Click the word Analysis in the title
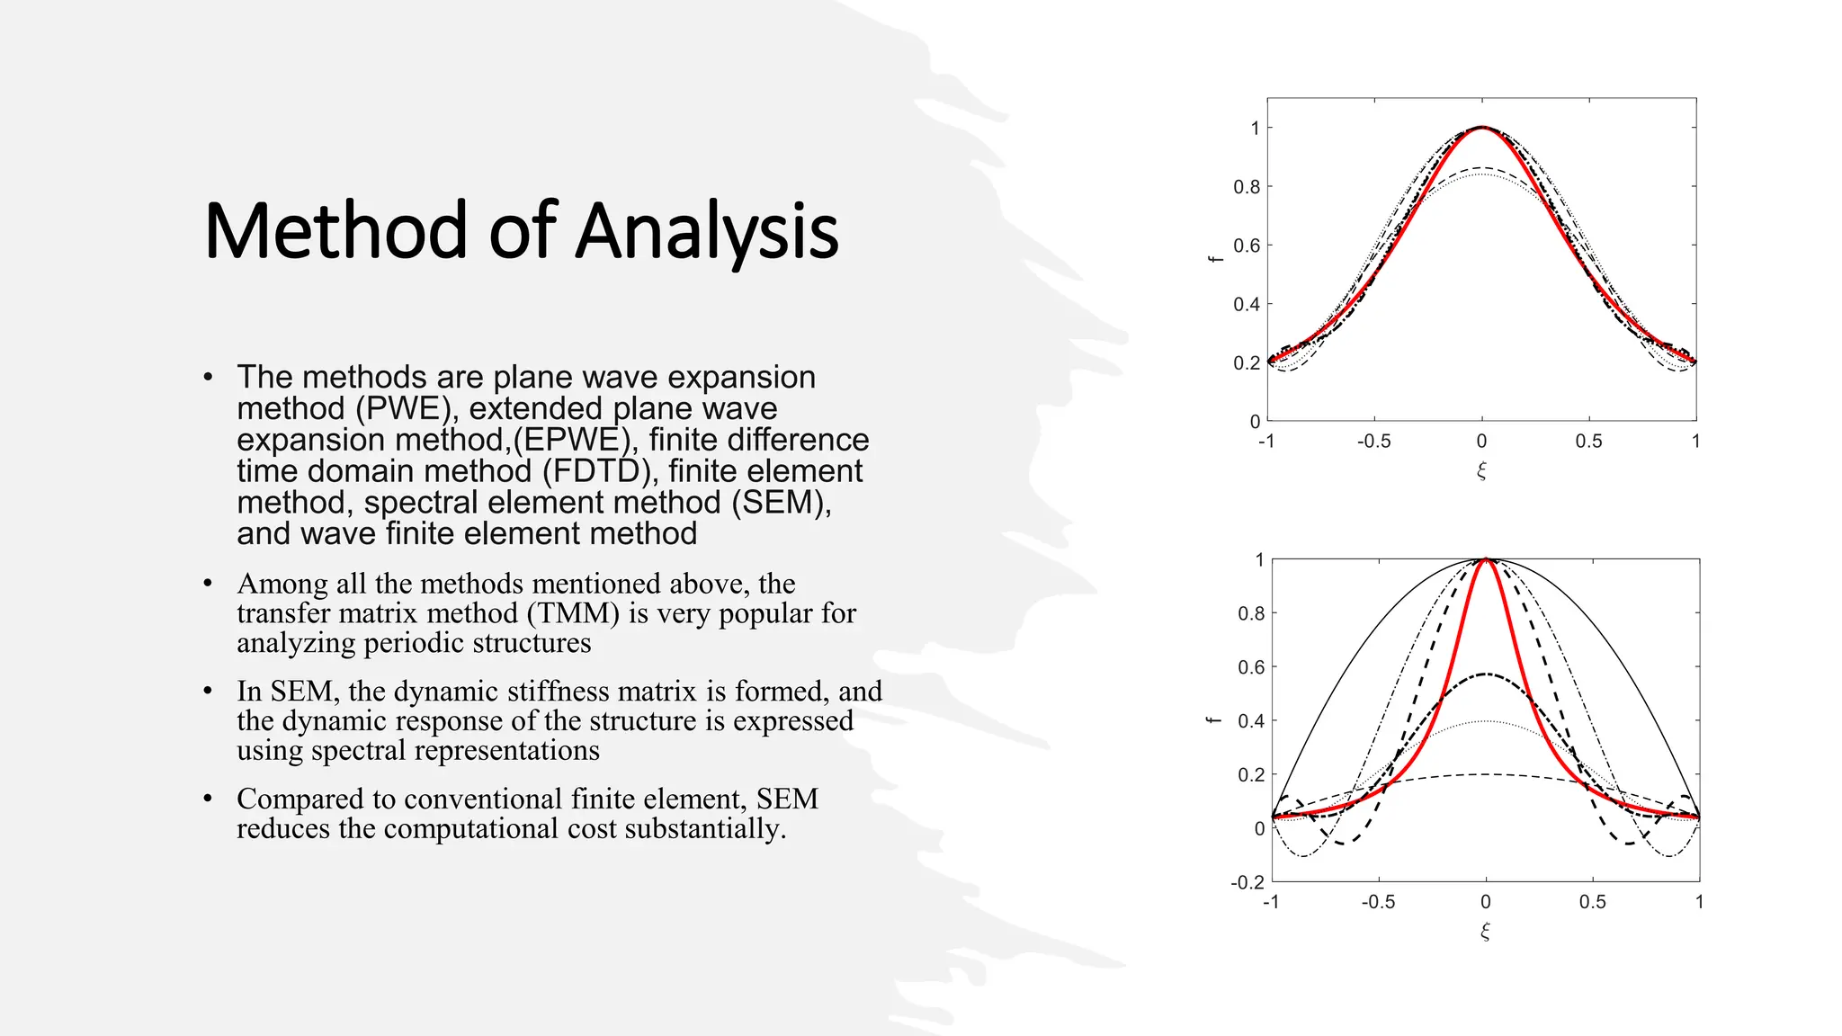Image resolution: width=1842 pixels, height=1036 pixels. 707,232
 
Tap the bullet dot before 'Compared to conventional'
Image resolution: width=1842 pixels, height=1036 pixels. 208,799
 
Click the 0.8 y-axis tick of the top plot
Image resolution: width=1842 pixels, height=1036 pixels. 1246,187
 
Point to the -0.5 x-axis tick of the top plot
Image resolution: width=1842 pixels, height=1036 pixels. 1373,442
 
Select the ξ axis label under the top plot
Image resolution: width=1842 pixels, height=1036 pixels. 1481,470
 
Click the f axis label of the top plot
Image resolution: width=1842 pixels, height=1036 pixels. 1215,259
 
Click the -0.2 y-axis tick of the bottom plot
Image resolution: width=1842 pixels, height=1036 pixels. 1247,882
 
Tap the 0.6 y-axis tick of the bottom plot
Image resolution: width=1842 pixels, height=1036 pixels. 1250,667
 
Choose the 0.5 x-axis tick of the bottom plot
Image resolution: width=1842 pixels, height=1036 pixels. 1592,902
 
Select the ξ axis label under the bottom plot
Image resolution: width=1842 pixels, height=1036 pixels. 1485,931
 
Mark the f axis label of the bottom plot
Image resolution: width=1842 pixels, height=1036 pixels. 1214,720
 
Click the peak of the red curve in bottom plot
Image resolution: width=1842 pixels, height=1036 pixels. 1486,560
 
